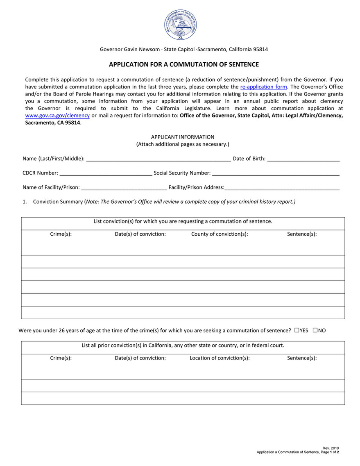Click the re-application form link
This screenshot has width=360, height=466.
[263, 87]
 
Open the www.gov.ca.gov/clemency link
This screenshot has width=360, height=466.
[57, 116]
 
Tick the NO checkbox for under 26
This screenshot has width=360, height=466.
[315, 330]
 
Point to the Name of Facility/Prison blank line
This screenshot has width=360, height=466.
[124, 188]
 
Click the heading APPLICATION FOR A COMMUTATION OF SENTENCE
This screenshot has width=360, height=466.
[184, 64]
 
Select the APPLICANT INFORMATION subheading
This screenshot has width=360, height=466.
[183, 137]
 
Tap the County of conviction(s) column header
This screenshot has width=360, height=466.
[220, 234]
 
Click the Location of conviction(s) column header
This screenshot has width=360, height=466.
[220, 358]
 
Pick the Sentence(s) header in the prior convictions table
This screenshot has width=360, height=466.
[302, 358]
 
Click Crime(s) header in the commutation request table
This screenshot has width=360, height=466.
[61, 234]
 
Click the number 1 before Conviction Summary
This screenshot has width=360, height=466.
[24, 202]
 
